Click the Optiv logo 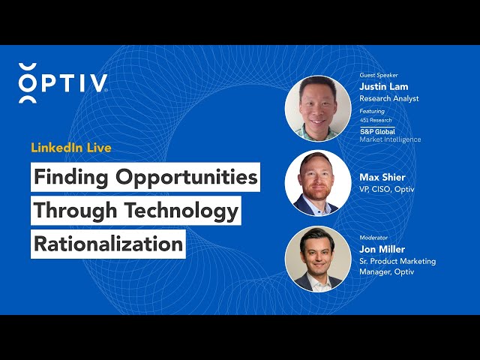(x=63, y=83)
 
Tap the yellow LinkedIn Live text (x=71, y=148)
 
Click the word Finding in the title (x=71, y=178)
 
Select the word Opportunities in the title (x=187, y=178)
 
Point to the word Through (x=75, y=211)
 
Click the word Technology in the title (x=181, y=211)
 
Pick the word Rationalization (x=108, y=244)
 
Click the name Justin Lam (x=383, y=87)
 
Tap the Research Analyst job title (x=389, y=98)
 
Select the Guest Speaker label (x=379, y=75)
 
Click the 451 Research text (x=376, y=120)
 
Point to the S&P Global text (x=377, y=132)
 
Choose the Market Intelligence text (x=390, y=139)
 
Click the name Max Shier (x=382, y=177)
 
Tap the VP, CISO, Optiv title (x=387, y=189)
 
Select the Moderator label (x=373, y=238)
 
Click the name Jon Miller (x=382, y=249)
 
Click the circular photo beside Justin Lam (x=318, y=109)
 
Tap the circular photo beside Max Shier (x=318, y=183)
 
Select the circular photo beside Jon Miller (x=318, y=259)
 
